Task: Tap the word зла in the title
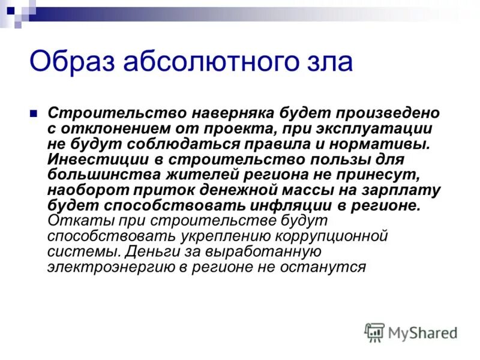click(x=329, y=62)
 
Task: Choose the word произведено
click(x=376, y=113)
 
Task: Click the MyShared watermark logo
click(x=411, y=332)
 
